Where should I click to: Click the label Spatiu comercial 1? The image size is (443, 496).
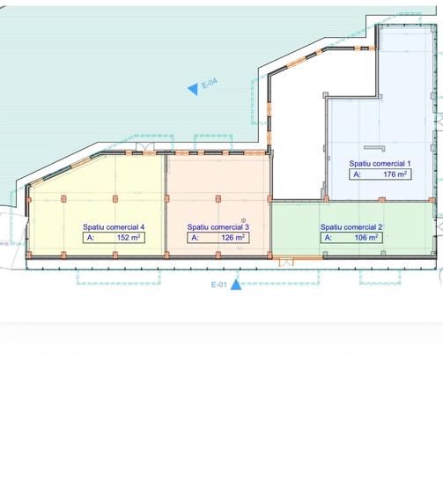tap(380, 164)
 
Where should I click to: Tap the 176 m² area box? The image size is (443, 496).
tap(380, 174)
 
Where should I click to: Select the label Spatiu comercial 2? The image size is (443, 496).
tap(351, 227)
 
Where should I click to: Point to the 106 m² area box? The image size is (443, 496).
tap(351, 238)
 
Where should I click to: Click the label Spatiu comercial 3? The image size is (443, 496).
tap(218, 227)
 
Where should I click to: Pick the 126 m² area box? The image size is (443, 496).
tap(218, 238)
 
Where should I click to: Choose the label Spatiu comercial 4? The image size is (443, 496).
tap(114, 227)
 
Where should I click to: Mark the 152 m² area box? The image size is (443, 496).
tap(114, 238)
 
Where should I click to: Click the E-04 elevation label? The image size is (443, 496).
tap(210, 84)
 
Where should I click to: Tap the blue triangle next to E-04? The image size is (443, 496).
tap(194, 89)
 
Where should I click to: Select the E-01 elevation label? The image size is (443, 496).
tap(218, 285)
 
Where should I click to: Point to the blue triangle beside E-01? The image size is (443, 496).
tap(236, 285)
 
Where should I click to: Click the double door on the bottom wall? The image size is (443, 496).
tap(286, 263)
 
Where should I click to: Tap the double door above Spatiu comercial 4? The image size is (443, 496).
tap(144, 147)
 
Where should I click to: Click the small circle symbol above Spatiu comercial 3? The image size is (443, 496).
tap(243, 220)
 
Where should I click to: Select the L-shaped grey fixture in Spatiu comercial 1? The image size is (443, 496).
tap(375, 148)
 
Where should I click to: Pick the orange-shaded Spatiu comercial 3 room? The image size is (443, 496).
tap(218, 205)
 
